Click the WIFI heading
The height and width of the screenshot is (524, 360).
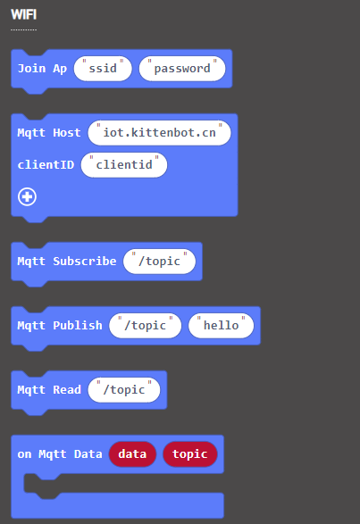pyautogui.click(x=24, y=14)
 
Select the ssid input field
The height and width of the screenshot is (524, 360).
pyautogui.click(x=103, y=69)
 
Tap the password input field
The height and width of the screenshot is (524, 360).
pyautogui.click(x=182, y=69)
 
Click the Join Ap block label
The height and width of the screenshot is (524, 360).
pyautogui.click(x=42, y=69)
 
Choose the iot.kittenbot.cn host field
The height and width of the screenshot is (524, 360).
pyautogui.click(x=159, y=133)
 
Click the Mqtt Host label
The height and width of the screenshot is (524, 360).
pyautogui.click(x=49, y=133)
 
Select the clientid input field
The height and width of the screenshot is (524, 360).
pyautogui.click(x=124, y=165)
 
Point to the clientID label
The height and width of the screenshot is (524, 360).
pyautogui.click(x=46, y=165)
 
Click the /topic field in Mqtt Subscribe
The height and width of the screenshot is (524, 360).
pyautogui.click(x=159, y=261)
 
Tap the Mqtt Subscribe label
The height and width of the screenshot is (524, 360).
pyautogui.click(x=67, y=261)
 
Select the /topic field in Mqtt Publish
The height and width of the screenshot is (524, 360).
pyautogui.click(x=146, y=325)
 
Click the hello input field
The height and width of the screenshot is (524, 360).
pyautogui.click(x=222, y=325)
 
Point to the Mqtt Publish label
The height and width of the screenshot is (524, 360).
pyautogui.click(x=60, y=325)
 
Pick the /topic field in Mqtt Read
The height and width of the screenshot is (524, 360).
pyautogui.click(x=124, y=390)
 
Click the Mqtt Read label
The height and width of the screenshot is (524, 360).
pyautogui.click(x=49, y=390)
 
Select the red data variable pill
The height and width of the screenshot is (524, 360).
pyautogui.click(x=132, y=453)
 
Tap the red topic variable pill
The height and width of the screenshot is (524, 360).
pyautogui.click(x=190, y=453)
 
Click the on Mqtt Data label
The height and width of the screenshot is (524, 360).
pyautogui.click(x=60, y=453)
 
